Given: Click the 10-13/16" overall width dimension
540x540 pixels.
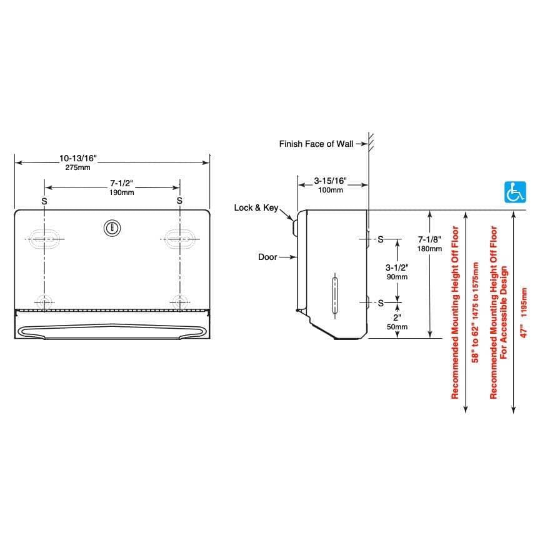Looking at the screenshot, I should (78, 159).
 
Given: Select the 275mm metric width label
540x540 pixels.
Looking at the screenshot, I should (78, 167).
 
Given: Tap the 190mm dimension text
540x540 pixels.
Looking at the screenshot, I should (122, 192).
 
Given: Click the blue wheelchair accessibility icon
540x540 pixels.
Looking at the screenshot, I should (515, 192).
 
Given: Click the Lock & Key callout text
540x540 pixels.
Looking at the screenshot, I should (256, 207).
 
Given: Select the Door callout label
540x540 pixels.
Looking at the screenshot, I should (267, 257).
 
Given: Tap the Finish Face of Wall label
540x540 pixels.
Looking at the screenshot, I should (316, 144).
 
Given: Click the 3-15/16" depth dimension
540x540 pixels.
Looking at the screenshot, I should (331, 181).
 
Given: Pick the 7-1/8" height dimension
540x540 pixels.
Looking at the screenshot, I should (429, 239).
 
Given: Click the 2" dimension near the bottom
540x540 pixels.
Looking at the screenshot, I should (397, 317).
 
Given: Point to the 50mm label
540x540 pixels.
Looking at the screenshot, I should (397, 326).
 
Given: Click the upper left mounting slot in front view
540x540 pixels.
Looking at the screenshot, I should (43, 239).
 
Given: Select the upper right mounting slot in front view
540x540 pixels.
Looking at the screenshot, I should (180, 239).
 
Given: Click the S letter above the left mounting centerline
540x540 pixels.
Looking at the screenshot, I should (44, 201).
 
